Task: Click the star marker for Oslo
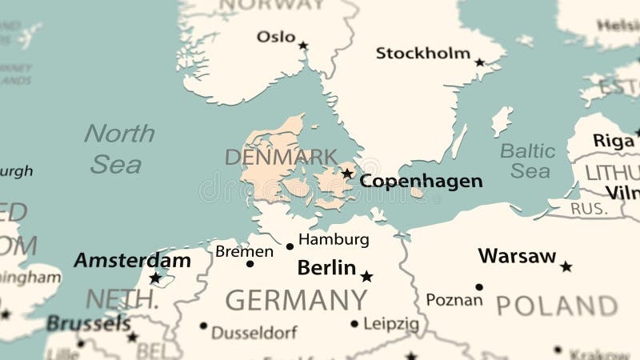point(303,46)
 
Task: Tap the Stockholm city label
point(423,54)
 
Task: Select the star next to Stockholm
point(479,62)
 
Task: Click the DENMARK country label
point(281,157)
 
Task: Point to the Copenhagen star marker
point(347,173)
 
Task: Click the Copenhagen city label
point(421,182)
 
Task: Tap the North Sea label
point(118,148)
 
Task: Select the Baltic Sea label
point(528,160)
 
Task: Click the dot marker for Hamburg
point(290,246)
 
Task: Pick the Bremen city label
point(244,251)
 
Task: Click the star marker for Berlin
point(366,277)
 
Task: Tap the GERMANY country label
point(296,300)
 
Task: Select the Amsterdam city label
point(132,260)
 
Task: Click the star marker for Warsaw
point(566,266)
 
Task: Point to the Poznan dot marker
point(478,286)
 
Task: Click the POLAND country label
point(557,306)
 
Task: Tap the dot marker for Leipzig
point(354,324)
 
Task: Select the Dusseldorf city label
point(254,332)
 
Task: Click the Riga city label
point(614,141)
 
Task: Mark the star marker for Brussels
point(132,337)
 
